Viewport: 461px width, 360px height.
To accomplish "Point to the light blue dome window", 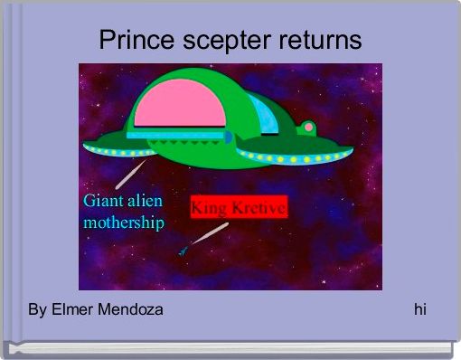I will [266, 116].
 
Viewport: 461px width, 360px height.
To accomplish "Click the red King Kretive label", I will [239, 207].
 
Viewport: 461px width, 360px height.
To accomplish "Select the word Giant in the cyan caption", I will [103, 200].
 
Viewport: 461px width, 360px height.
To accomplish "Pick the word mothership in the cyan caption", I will [123, 222].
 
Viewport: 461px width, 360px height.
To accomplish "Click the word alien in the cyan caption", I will [145, 200].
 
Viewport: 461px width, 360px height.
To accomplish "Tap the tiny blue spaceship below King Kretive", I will [183, 250].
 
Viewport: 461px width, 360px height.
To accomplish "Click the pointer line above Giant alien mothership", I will [133, 173].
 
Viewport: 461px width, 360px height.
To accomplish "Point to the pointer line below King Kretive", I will [209, 233].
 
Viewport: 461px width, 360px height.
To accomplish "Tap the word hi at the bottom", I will [420, 310].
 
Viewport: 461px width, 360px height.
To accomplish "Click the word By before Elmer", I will [37, 310].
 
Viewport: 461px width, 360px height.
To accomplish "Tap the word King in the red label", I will [207, 207].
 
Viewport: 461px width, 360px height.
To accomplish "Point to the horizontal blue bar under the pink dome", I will [176, 136].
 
